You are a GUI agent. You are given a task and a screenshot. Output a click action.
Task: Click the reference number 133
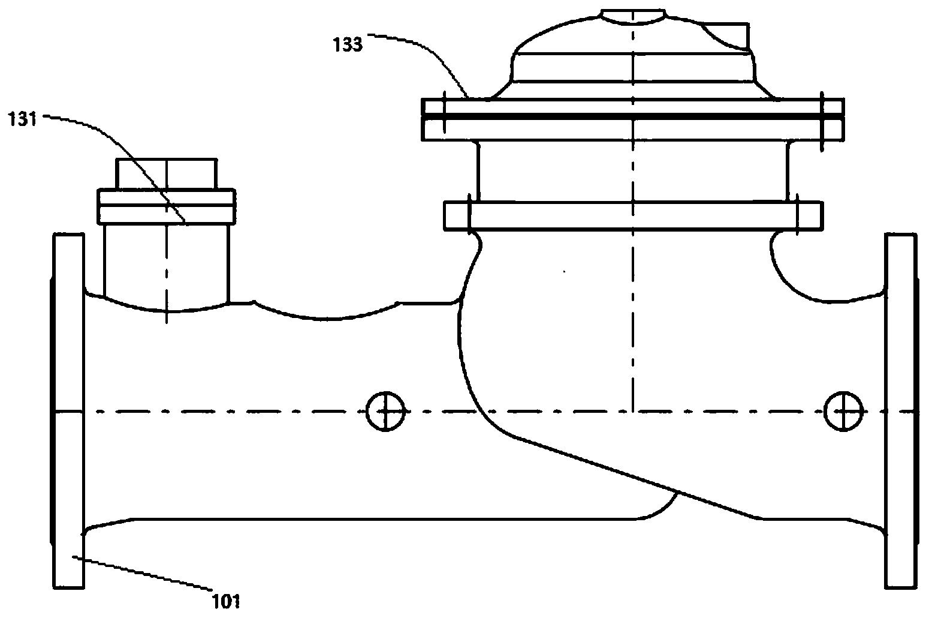point(348,44)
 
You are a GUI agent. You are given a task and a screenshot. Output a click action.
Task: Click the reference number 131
point(23,119)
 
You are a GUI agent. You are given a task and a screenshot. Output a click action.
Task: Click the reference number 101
point(226,600)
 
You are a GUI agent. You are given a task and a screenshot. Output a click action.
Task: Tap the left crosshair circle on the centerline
point(386,411)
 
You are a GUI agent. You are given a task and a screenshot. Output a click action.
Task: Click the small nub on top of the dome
point(633,16)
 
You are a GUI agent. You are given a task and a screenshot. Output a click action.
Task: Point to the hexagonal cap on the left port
point(167,175)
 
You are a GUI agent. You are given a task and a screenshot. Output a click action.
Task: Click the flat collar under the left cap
point(167,206)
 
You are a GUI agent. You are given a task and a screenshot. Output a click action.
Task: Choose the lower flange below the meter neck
point(633,215)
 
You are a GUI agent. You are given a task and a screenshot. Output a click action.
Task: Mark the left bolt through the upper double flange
point(444,114)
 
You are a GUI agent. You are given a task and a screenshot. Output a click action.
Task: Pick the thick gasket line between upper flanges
point(633,115)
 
